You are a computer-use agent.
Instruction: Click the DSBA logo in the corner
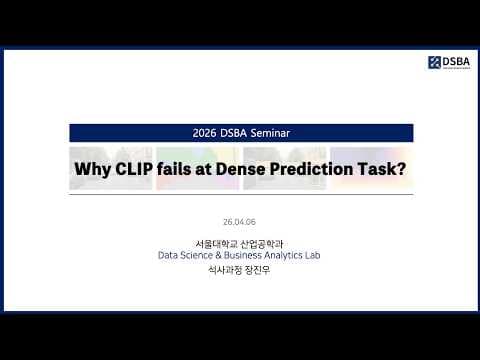[x=448, y=62]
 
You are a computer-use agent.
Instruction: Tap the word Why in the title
[x=95, y=170]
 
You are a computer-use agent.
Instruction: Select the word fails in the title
[x=182, y=170]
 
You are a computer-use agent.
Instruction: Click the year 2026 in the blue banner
[x=204, y=132]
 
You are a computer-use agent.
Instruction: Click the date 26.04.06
[x=240, y=222]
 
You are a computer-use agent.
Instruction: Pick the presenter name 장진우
[x=258, y=270]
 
